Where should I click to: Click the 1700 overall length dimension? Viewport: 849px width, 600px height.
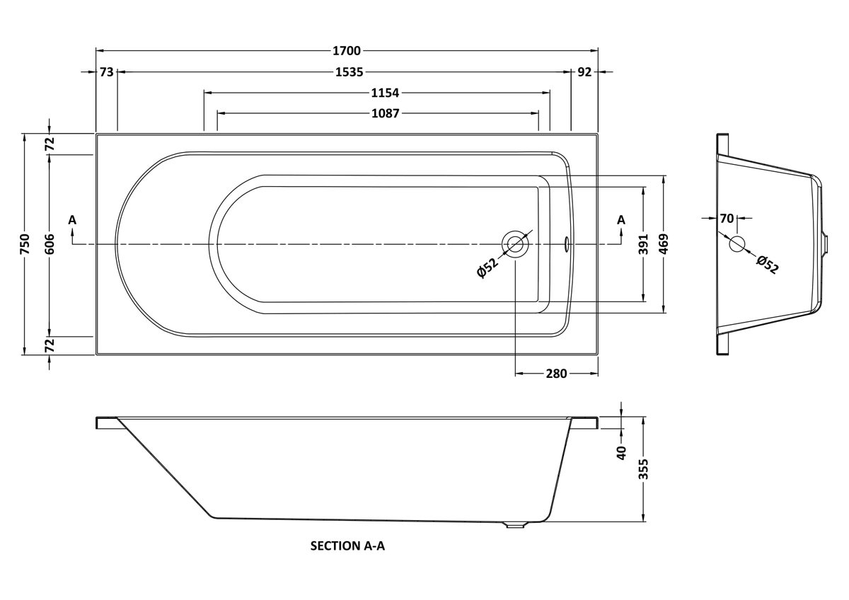(347, 50)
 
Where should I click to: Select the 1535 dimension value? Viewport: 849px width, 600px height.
(349, 71)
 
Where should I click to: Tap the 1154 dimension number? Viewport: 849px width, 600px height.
(385, 93)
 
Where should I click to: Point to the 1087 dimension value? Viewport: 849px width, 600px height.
(385, 113)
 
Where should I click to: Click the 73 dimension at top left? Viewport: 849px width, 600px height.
(107, 71)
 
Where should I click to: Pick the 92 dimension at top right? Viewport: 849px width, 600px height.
(584, 71)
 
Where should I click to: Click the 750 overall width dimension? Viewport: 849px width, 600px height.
(25, 244)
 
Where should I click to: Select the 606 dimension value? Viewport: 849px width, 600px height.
(50, 244)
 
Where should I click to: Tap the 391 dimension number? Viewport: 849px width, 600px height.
(644, 244)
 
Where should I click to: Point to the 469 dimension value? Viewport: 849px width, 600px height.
(664, 244)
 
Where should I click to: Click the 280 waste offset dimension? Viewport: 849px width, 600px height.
(556, 374)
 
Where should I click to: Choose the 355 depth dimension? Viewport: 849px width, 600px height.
(644, 469)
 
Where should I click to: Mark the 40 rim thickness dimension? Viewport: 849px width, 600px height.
(622, 453)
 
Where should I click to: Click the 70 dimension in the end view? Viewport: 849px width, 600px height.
(727, 219)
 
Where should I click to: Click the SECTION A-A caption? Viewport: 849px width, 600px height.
(347, 546)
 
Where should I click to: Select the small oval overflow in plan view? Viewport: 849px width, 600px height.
(567, 244)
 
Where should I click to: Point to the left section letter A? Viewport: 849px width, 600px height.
(72, 220)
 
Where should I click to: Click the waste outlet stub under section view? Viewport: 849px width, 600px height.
(515, 525)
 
